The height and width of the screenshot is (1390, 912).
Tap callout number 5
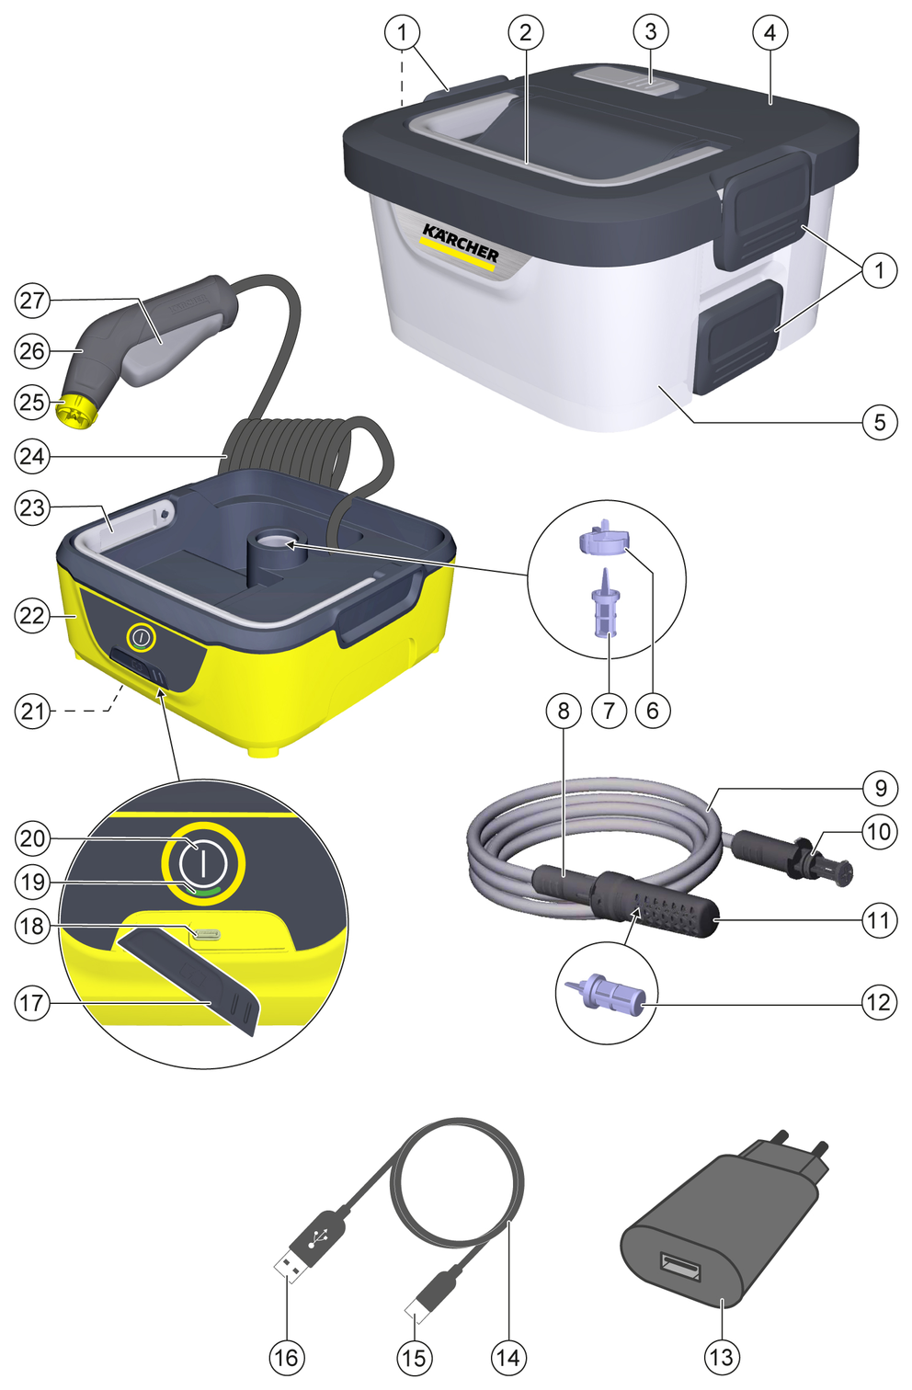(879, 423)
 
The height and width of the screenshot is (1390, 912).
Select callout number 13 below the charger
(723, 1357)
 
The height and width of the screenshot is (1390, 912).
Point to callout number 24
(31, 457)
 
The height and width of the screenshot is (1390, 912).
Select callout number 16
(287, 1357)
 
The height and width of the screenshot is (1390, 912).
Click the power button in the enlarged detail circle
(203, 863)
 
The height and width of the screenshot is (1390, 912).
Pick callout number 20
(31, 838)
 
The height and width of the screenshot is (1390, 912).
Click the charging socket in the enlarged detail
(206, 933)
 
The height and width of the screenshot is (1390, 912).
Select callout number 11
(879, 921)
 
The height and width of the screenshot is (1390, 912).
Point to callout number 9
(880, 788)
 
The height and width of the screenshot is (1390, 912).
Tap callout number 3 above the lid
(651, 32)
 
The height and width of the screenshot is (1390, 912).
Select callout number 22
(31, 616)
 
